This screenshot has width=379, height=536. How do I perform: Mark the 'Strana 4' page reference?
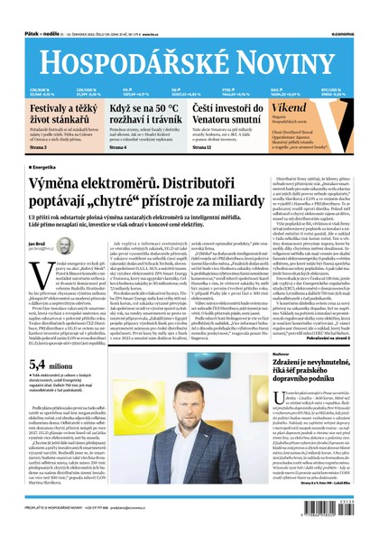120,145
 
